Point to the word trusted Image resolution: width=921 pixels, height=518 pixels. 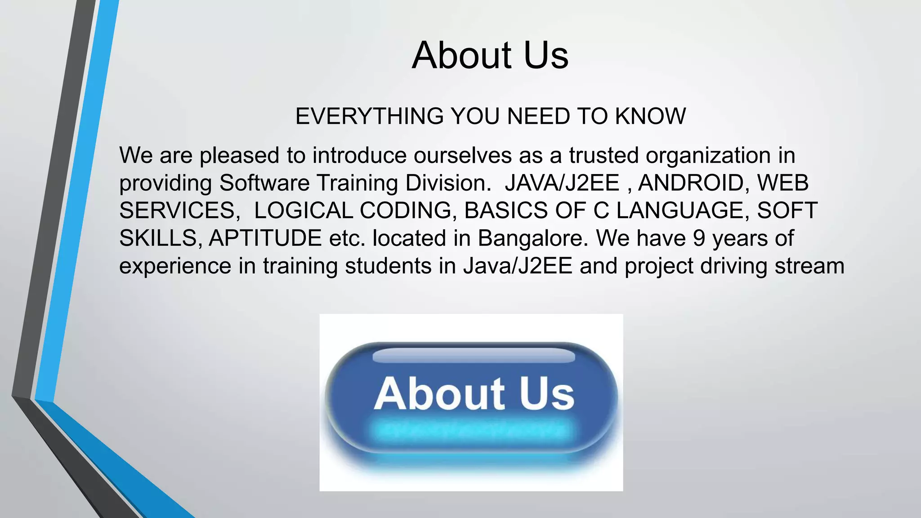pos(604,156)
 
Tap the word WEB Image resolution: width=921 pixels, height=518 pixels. pos(782,183)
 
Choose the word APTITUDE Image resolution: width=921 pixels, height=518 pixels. pos(265,238)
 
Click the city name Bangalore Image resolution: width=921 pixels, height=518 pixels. pos(533,238)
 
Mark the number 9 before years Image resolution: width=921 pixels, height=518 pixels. pos(699,238)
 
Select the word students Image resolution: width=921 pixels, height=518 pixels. pos(388,266)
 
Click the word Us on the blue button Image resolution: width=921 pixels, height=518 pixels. pos(547,394)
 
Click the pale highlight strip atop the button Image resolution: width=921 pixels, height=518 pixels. pos(474,356)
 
